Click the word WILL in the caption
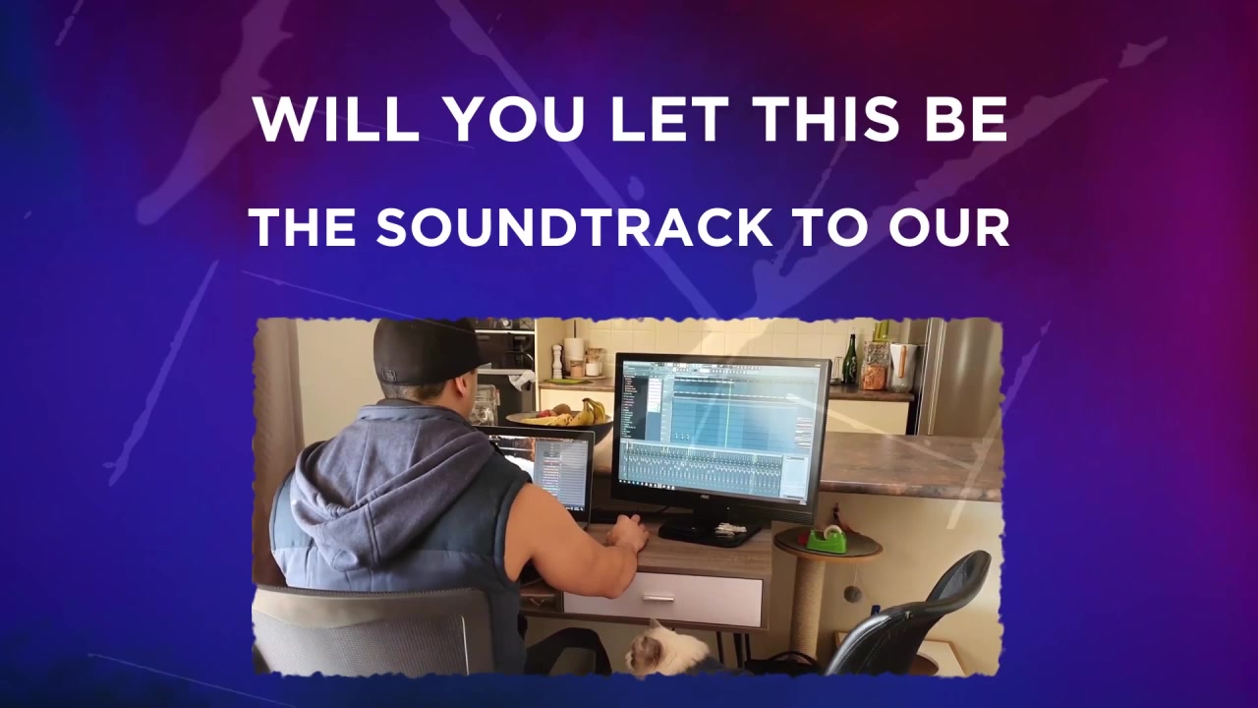pyautogui.click(x=336, y=119)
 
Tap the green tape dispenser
pyautogui.click(x=827, y=538)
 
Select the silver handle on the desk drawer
pyautogui.click(x=658, y=598)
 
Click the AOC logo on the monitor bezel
pyautogui.click(x=706, y=497)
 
